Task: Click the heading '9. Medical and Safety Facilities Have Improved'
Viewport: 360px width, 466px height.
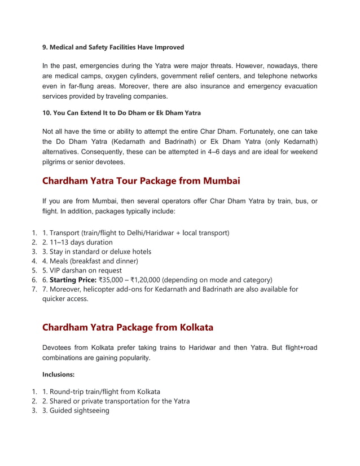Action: (113, 47)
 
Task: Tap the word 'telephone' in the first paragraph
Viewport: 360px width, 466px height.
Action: (266, 76)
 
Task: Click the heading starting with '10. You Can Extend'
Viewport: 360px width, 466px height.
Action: (121, 113)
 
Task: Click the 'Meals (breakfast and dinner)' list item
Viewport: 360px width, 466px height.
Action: (90, 261)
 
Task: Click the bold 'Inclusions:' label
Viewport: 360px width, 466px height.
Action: (59, 373)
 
